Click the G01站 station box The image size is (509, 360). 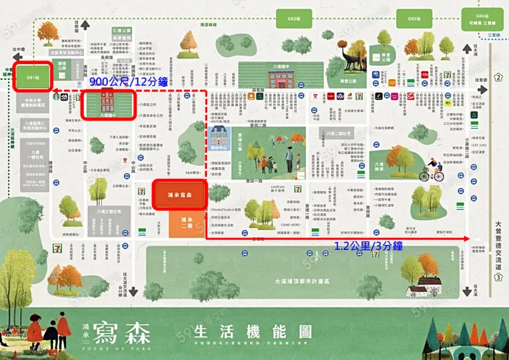(32, 76)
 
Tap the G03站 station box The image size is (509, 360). (413, 18)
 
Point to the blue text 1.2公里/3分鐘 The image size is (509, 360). (368, 246)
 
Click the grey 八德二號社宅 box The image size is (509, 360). (338, 133)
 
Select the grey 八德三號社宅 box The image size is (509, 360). (109, 213)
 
